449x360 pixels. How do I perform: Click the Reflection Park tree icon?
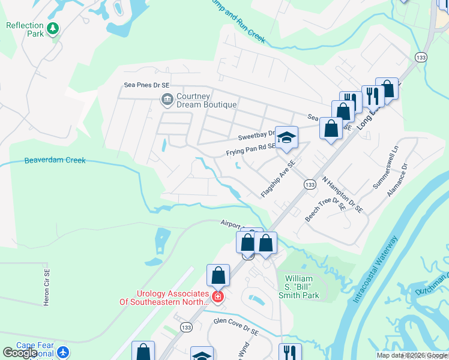[53, 28]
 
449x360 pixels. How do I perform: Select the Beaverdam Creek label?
[55, 160]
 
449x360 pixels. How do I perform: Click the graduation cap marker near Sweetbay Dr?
[287, 137]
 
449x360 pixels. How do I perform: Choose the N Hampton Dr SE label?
[343, 194]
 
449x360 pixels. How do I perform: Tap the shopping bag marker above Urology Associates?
[218, 275]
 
